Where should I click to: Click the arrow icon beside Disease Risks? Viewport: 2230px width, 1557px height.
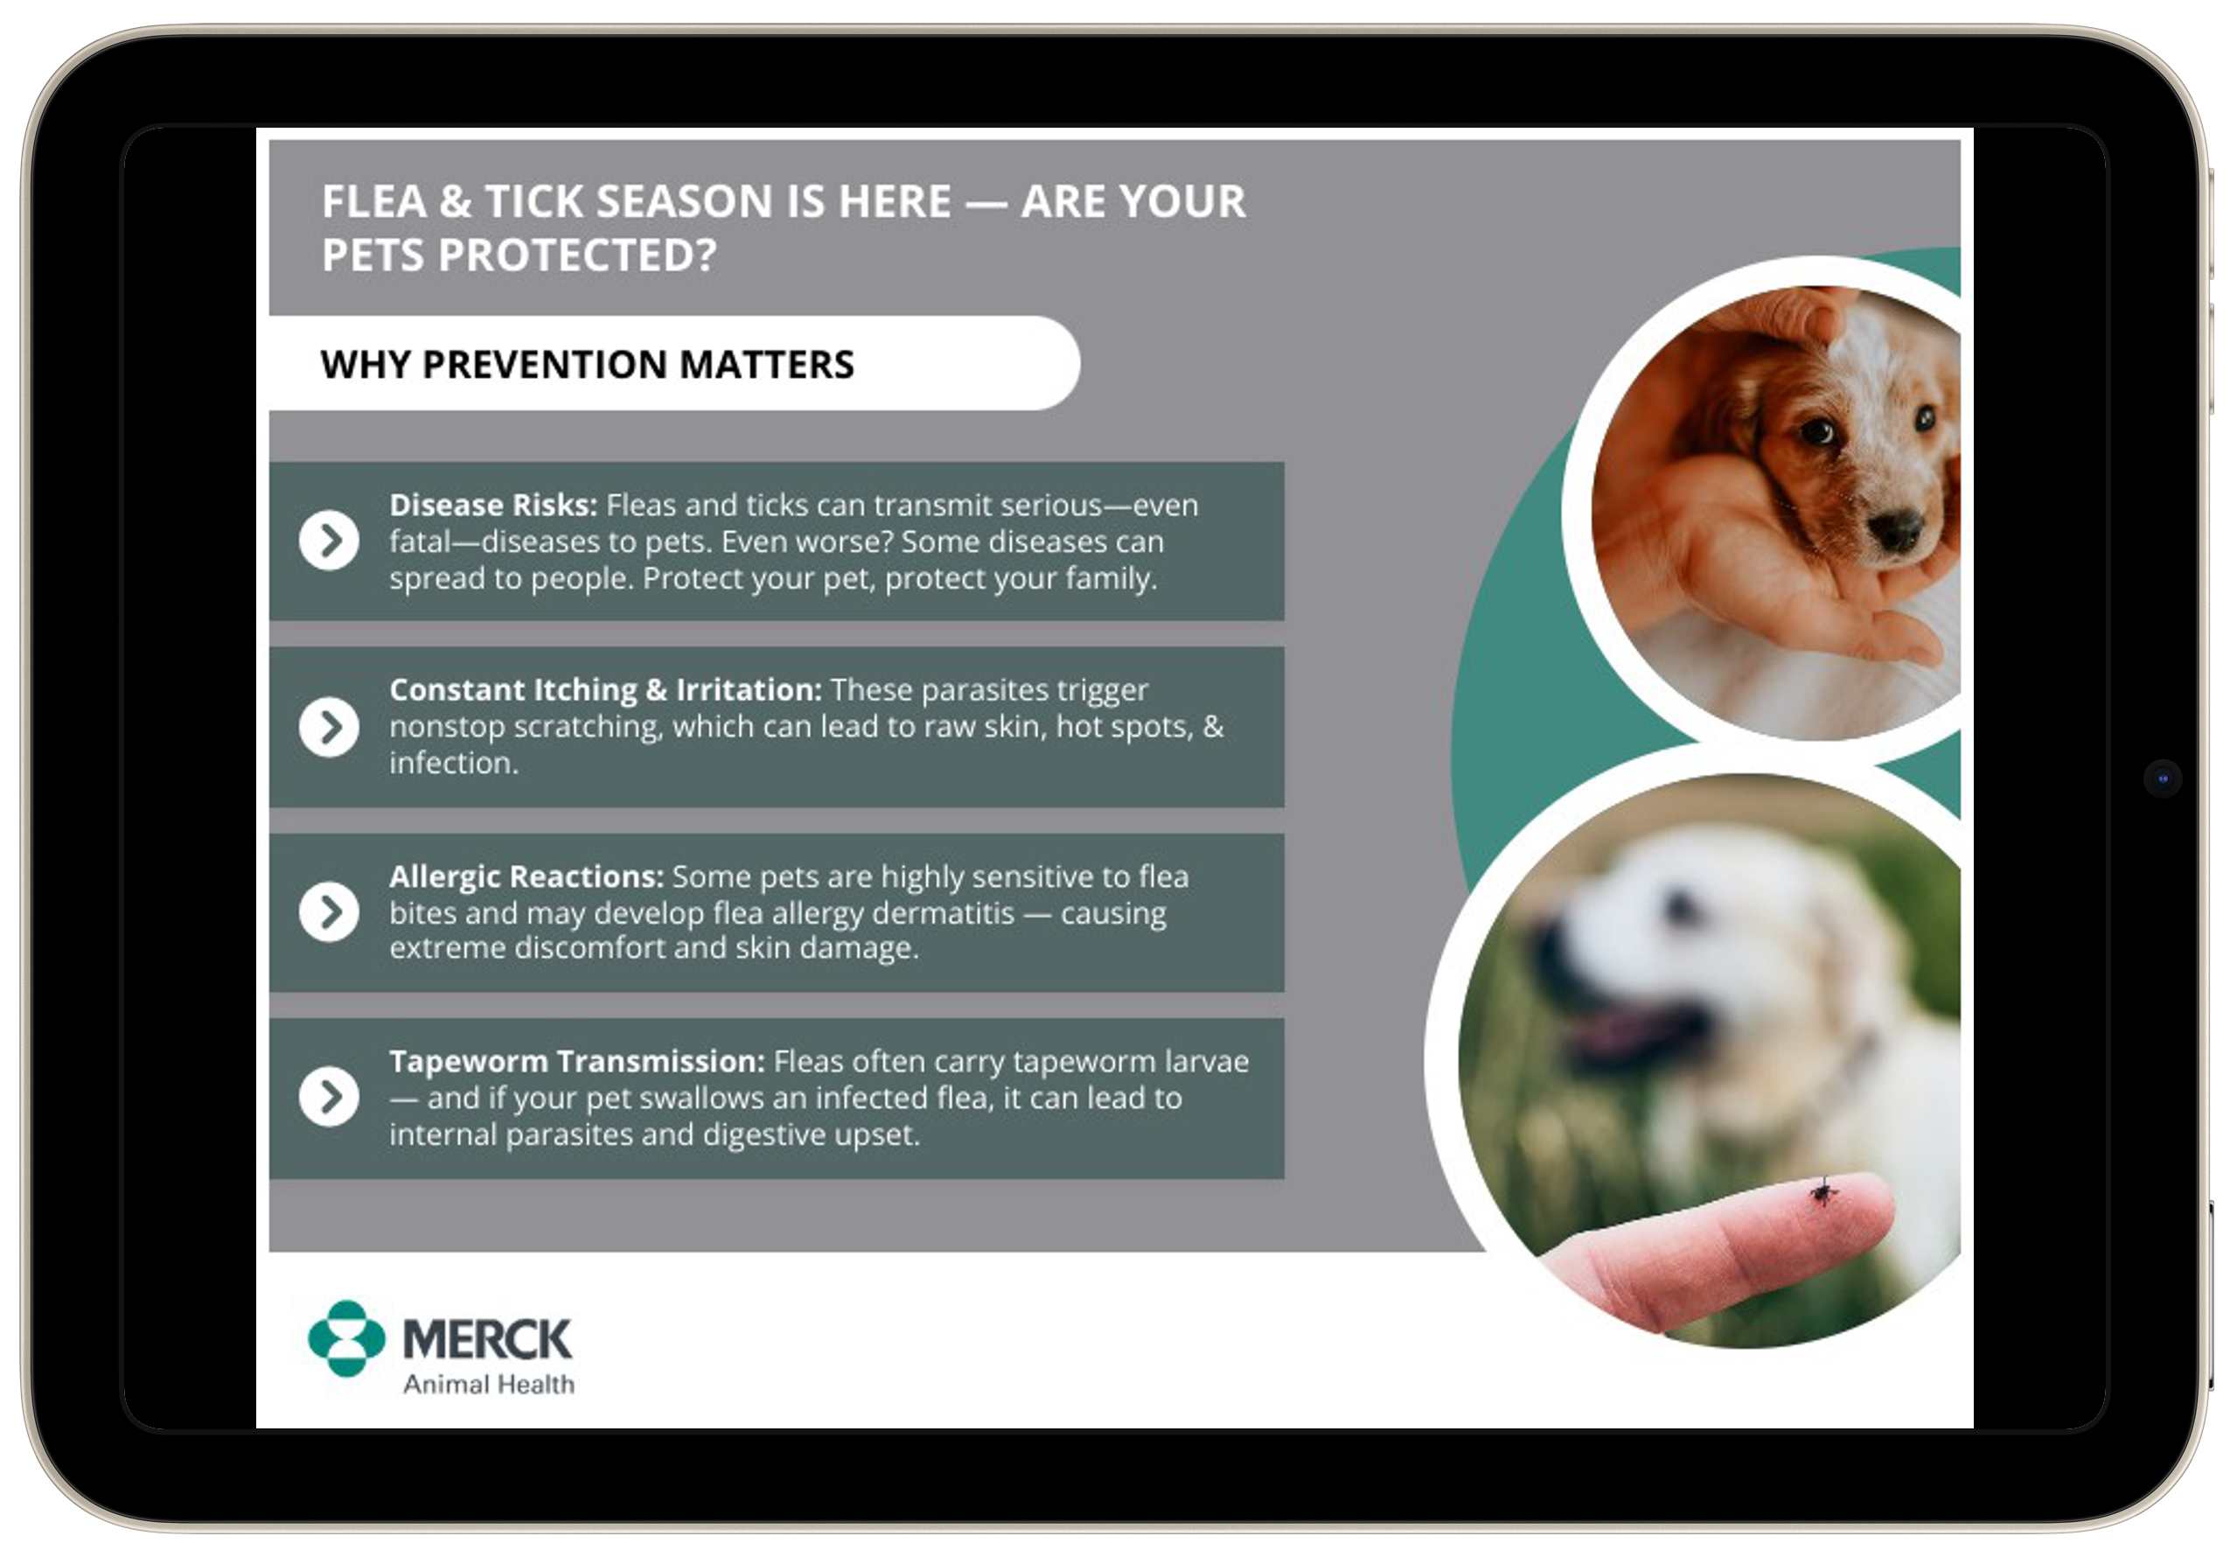coord(330,540)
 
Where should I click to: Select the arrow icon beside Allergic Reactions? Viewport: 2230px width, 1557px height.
coord(330,912)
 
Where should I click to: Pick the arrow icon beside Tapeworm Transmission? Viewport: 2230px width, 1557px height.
coord(330,1097)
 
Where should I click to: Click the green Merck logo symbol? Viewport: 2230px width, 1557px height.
coord(346,1338)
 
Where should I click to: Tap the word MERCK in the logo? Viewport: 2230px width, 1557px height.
coord(488,1339)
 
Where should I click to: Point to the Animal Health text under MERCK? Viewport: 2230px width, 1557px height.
coord(489,1384)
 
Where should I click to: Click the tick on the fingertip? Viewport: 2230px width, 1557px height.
coord(1823,1190)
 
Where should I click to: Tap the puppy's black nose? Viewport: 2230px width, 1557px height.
coord(1893,529)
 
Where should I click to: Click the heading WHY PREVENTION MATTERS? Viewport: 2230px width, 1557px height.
coord(588,364)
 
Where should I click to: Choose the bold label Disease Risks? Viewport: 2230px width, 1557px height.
coord(493,505)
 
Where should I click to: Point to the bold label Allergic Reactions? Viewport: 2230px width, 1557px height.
coord(526,876)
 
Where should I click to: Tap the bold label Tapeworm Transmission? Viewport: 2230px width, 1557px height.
coord(578,1062)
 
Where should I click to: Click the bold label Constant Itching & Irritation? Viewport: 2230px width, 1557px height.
coord(606,689)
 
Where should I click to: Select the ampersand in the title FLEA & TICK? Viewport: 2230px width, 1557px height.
coord(455,202)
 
